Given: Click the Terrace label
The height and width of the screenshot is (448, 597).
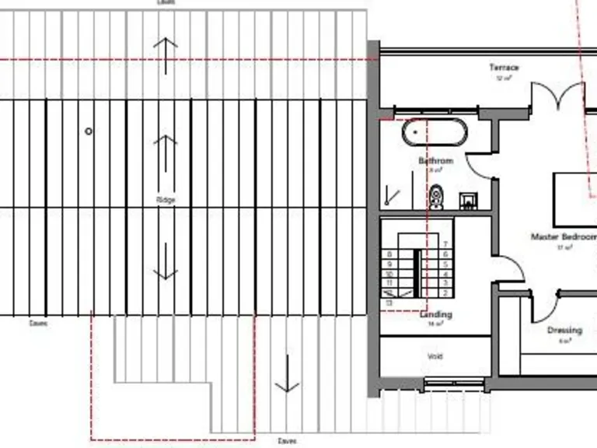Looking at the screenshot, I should (x=504, y=68).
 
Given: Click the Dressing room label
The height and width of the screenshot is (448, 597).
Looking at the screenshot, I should (x=564, y=331).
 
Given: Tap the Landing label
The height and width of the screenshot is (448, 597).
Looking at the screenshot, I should (x=435, y=315).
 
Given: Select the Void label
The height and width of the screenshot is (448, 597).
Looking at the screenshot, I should (x=435, y=356).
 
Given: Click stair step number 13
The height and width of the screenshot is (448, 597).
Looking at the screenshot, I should (x=389, y=302).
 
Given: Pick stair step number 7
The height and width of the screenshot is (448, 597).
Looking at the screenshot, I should (x=445, y=244).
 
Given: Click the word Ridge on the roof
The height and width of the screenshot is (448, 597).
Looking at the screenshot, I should (x=166, y=200).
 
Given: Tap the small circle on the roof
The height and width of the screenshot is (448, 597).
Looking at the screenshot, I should (x=89, y=131).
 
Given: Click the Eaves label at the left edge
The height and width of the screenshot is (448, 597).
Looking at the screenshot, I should (x=37, y=324).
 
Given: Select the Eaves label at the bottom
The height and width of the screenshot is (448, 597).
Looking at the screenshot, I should (x=287, y=441).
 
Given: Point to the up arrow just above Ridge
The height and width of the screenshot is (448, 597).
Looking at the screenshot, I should (x=166, y=152).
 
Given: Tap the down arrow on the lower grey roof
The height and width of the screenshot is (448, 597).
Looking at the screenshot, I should (x=287, y=373).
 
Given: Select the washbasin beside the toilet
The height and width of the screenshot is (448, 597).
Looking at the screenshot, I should (x=468, y=201).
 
